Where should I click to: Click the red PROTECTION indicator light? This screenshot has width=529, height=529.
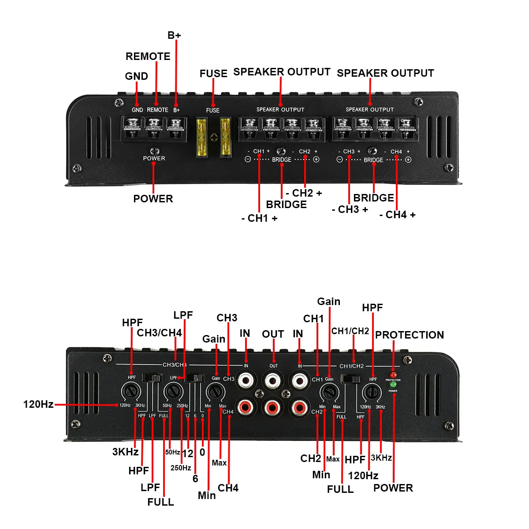point(393,375)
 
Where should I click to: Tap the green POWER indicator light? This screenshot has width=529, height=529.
point(393,384)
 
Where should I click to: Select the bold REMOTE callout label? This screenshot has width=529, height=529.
point(148,56)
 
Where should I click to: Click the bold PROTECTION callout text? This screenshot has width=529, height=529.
point(409,335)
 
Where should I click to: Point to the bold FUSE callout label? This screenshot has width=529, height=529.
point(213,74)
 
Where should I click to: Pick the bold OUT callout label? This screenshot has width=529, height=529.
point(273,334)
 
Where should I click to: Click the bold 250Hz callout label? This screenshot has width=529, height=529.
point(181,468)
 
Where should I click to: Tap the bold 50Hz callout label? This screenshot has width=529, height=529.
point(172,452)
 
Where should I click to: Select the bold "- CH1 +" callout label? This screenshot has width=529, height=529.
point(259,218)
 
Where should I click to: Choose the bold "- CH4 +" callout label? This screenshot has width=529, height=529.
point(397,215)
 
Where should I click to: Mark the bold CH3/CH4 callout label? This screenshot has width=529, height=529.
point(159,333)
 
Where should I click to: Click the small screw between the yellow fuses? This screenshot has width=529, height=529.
point(213,137)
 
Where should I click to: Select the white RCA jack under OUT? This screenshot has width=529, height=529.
point(273,380)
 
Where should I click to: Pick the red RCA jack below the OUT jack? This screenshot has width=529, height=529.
point(273,406)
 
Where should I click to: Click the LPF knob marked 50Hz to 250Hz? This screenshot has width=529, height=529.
point(173,391)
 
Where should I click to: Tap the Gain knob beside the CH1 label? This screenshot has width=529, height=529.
point(328,391)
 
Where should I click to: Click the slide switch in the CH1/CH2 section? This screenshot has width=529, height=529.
point(351,379)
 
